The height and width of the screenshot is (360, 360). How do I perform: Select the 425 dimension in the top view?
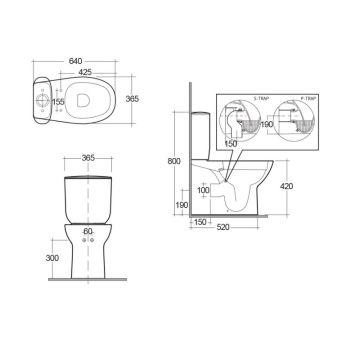tap(88, 72)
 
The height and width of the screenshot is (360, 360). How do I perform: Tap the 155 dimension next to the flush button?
tap(59, 102)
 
